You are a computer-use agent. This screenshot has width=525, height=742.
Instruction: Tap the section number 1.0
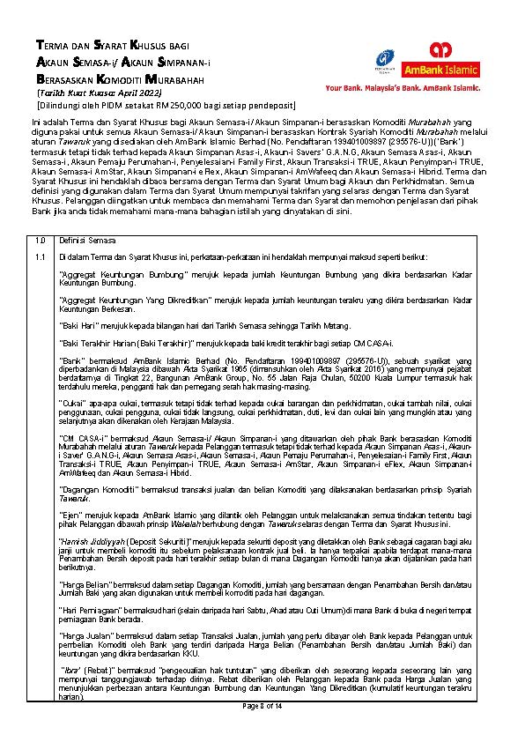point(41,241)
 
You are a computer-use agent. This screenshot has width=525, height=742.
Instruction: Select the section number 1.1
point(41,256)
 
